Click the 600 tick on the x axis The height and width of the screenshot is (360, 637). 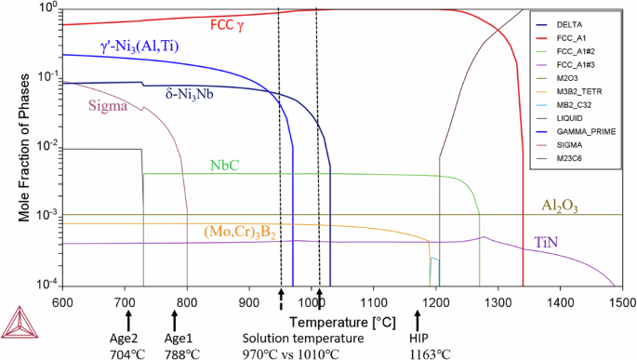(62, 302)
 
